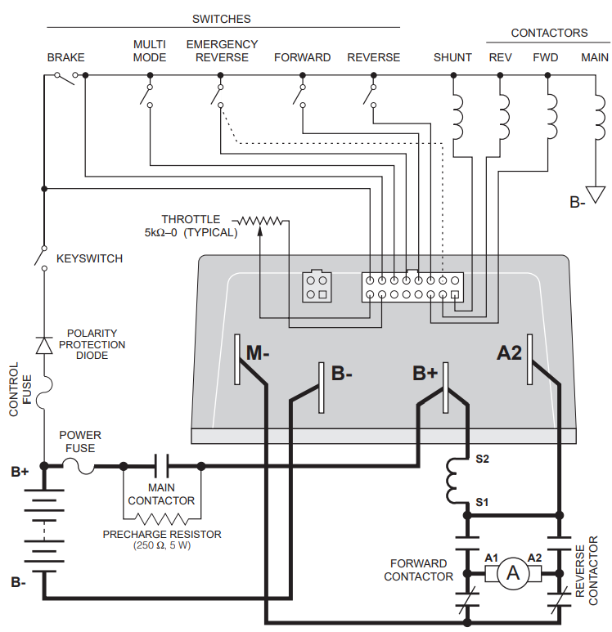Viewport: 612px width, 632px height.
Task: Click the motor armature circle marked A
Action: tap(514, 573)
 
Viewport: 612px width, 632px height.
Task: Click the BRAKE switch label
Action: tap(65, 57)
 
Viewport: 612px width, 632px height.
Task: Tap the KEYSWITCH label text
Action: tap(89, 258)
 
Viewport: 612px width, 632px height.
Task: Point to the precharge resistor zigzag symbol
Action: tap(161, 518)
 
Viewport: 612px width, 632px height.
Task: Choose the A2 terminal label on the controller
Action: tap(509, 353)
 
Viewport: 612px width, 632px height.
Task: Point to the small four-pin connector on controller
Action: tap(317, 287)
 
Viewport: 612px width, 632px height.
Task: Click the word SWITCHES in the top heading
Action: tap(221, 18)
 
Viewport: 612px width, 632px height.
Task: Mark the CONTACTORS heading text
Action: tap(549, 33)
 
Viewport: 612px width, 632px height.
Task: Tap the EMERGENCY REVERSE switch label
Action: tap(222, 51)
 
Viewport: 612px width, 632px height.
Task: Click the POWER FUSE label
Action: tap(80, 442)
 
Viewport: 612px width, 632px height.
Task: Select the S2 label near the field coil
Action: tap(482, 459)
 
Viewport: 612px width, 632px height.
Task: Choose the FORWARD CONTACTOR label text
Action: tap(418, 570)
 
